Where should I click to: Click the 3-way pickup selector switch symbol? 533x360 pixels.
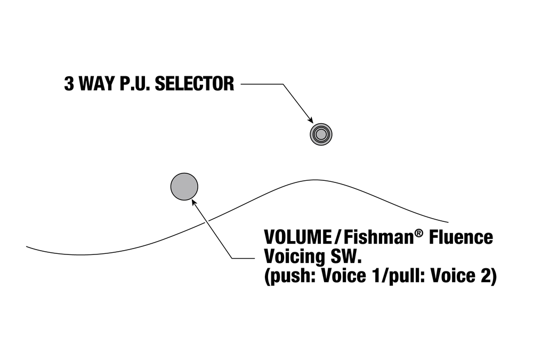point(321,134)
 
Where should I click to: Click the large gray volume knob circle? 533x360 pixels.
point(184,187)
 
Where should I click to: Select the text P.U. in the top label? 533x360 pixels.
point(134,84)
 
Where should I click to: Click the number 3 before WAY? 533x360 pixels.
point(69,84)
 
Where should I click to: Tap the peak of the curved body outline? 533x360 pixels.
point(314,180)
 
